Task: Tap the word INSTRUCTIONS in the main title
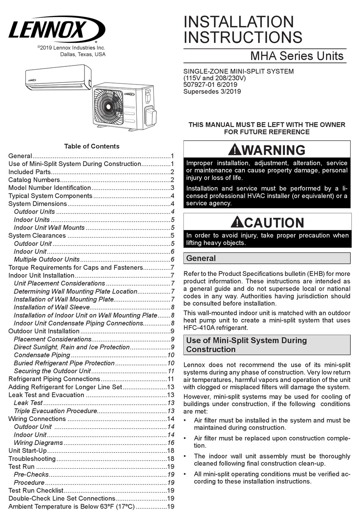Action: click(243, 38)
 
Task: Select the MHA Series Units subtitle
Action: click(297, 56)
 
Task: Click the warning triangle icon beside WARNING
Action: click(235, 150)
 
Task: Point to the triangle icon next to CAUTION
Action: click(237, 222)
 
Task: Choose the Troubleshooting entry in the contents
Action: click(32, 459)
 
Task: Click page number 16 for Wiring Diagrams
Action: click(171, 443)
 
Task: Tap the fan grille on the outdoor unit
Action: click(108, 106)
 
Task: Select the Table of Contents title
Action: click(91, 146)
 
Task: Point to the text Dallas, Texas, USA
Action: click(83, 55)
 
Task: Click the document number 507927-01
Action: click(200, 85)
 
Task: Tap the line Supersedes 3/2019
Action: click(212, 91)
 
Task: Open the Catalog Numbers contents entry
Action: click(34, 180)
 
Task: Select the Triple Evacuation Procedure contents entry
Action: click(55, 411)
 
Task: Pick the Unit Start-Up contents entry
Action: click(28, 451)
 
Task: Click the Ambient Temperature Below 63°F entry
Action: click(71, 506)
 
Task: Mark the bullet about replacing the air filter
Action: click(272, 442)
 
